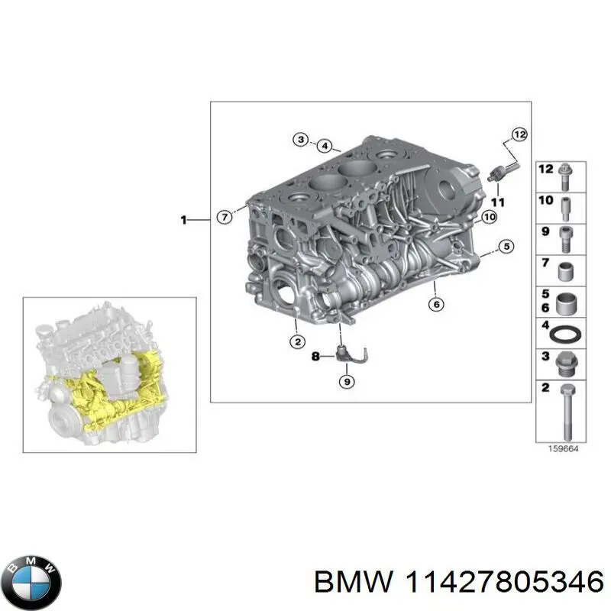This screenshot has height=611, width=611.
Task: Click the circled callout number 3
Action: coord(301,139)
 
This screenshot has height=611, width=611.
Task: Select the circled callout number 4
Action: coord(324,146)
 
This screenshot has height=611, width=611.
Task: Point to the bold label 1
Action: coord(183,220)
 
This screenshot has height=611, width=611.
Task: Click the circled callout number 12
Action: coord(519,135)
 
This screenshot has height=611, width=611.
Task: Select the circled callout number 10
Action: coord(489,217)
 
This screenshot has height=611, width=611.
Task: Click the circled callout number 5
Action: coord(505,246)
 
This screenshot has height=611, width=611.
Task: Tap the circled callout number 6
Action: coord(436,304)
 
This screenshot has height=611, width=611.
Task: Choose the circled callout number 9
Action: coord(345,381)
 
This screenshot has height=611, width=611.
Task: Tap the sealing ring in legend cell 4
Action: coord(567,334)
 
